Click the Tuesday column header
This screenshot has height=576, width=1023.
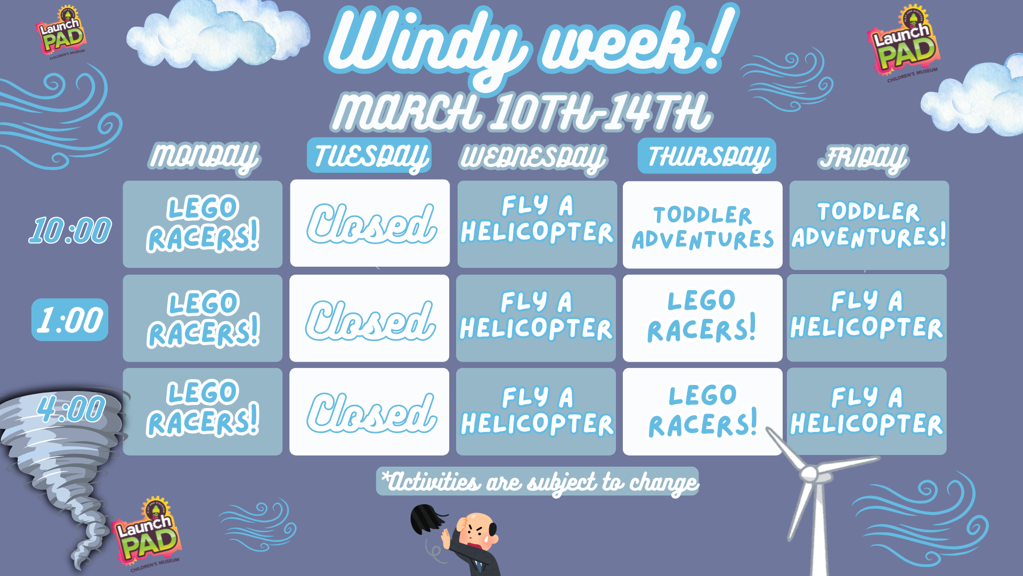click(369, 156)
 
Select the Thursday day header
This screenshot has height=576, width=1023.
click(707, 156)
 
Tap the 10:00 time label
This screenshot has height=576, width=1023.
click(70, 230)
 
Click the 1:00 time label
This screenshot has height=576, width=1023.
click(70, 320)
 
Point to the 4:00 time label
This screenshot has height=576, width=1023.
click(71, 409)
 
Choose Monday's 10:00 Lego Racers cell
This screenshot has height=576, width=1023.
click(202, 224)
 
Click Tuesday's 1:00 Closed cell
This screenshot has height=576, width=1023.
click(369, 318)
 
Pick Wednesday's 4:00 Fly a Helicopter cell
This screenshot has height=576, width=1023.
click(536, 411)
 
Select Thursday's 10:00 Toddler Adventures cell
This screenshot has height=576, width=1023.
click(702, 225)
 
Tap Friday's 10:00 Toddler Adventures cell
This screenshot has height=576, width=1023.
click(869, 225)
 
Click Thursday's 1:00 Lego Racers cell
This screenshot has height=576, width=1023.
click(702, 318)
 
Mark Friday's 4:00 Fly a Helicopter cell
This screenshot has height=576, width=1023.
click(867, 411)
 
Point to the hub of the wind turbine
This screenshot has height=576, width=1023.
click(809, 473)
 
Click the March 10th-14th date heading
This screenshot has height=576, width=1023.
click(521, 112)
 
